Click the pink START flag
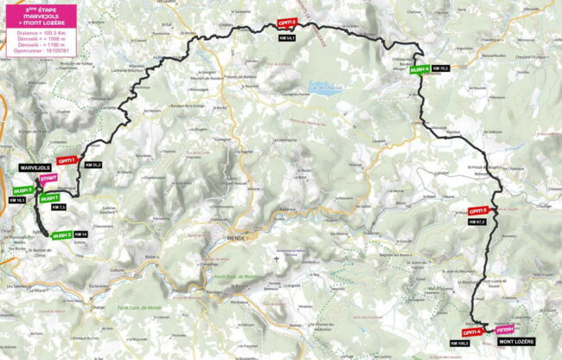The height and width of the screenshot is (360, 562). click(49, 177)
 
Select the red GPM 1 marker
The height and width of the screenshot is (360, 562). click(67, 160)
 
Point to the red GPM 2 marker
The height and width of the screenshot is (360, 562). click(286, 23)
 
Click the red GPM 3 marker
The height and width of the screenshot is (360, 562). click(478, 210)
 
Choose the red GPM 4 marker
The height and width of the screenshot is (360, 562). click(471, 331)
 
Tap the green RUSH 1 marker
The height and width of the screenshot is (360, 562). click(50, 198)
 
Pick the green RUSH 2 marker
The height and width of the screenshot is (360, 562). click(61, 235)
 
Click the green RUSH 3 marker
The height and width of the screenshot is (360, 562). click(23, 190)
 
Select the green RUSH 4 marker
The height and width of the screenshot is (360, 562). click(419, 68)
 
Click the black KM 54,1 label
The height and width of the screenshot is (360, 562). click(286, 38)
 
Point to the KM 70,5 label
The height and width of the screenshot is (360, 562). click(439, 68)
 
